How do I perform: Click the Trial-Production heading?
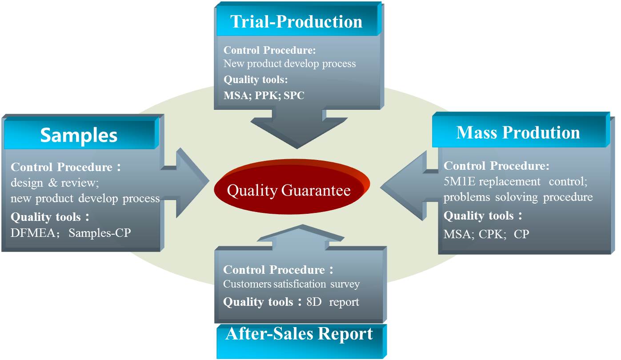click(x=296, y=22)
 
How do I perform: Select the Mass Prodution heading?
click(x=518, y=132)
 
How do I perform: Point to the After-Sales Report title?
click(x=299, y=333)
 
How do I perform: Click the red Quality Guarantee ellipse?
click(x=292, y=187)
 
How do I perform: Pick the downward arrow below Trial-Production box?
click(x=299, y=129)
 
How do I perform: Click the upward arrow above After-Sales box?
click(x=301, y=237)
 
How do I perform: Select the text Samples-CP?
click(x=100, y=233)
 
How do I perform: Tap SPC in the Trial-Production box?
click(x=294, y=96)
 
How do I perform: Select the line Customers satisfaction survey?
click(x=291, y=284)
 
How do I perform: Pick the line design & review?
click(x=55, y=183)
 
